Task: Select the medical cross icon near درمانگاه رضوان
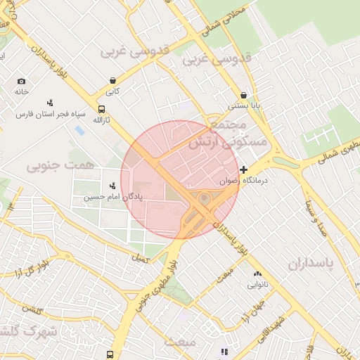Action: tap(244, 169)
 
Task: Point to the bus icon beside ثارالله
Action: tap(102, 110)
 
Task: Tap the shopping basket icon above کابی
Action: tap(113, 81)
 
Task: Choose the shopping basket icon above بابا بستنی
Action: tap(244, 95)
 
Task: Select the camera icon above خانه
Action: tap(21, 82)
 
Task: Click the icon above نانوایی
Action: tap(256, 274)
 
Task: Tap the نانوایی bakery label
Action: tap(256, 285)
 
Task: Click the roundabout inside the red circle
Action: tap(205, 199)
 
